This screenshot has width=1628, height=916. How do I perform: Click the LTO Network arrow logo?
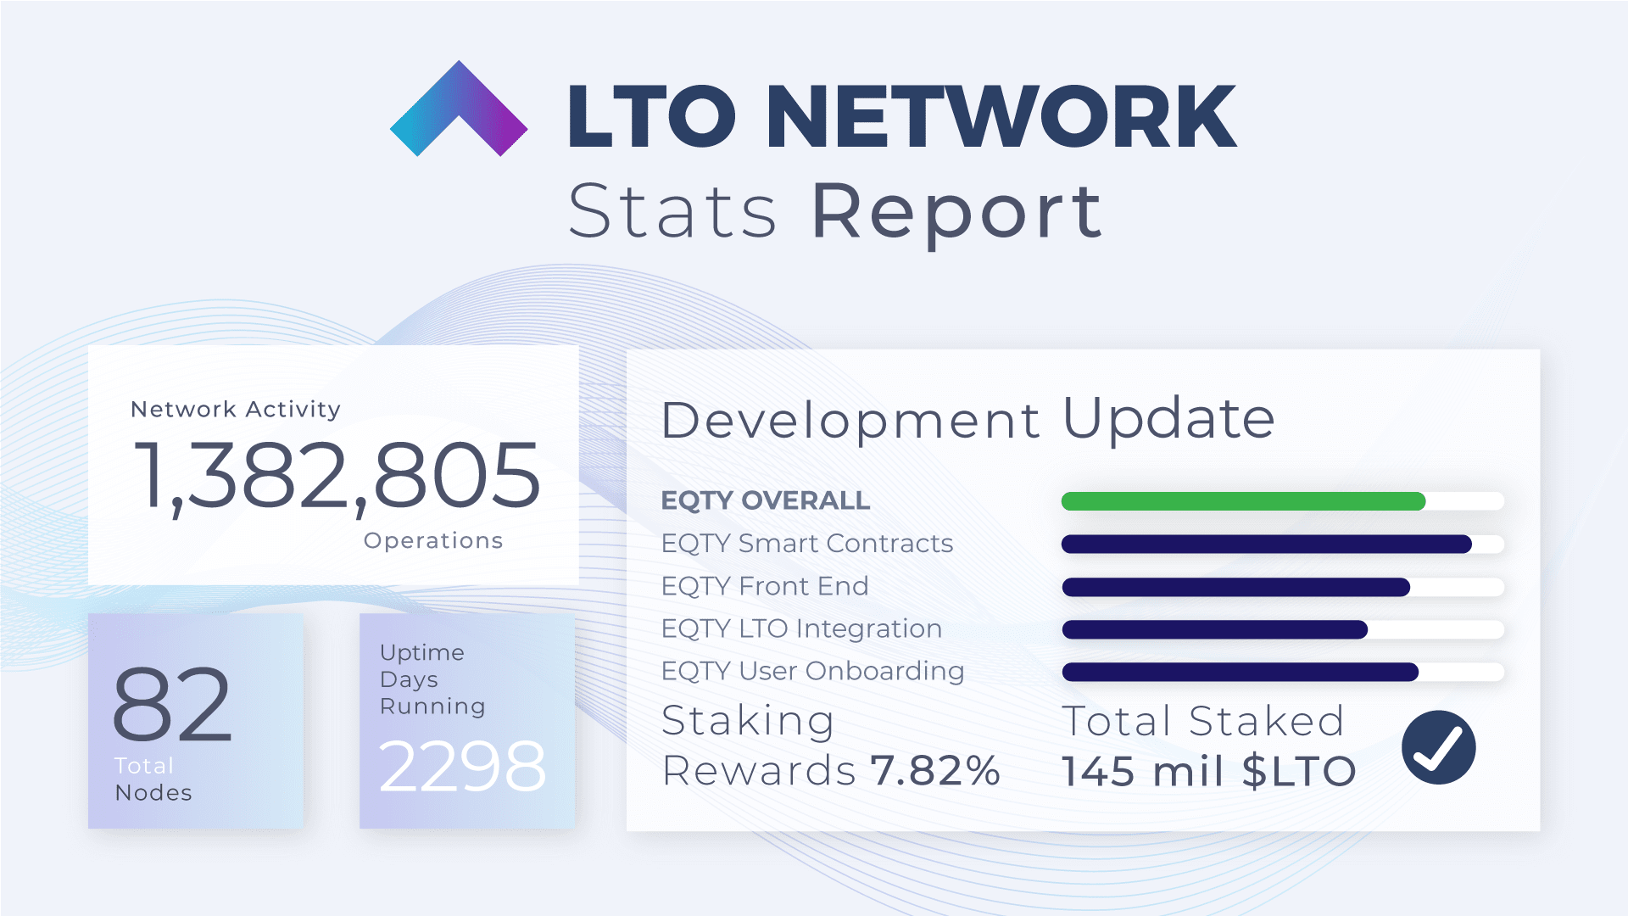click(459, 110)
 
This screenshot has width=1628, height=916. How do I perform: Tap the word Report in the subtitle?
click(957, 211)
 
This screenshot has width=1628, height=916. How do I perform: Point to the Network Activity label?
click(236, 410)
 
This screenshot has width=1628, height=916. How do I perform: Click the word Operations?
click(433, 541)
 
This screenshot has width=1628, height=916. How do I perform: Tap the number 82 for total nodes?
click(172, 704)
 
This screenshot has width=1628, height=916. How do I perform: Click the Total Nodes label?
click(153, 779)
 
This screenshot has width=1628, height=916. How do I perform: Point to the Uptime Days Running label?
click(432, 679)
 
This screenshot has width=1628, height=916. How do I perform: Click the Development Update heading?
click(967, 419)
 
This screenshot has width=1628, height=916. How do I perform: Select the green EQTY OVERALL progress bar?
click(1243, 501)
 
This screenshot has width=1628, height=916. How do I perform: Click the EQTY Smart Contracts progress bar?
click(1266, 545)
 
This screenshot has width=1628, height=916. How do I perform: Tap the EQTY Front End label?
click(765, 586)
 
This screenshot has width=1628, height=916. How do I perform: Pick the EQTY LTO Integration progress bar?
click(1214, 629)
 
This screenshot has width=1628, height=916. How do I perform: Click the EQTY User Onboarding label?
click(812, 671)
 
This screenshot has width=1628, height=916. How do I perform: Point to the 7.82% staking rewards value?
click(935, 771)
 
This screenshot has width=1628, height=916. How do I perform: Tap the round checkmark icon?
click(1438, 747)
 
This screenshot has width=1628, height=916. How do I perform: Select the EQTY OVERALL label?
click(765, 500)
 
